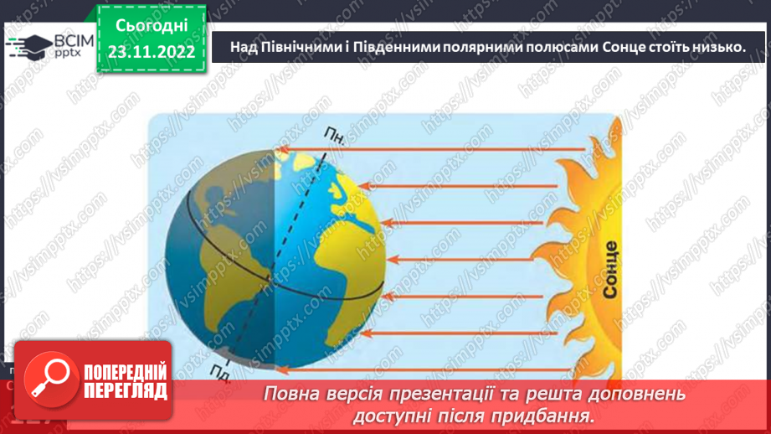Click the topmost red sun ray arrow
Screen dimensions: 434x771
tap(431, 151)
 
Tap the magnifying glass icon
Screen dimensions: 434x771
tap(49, 376)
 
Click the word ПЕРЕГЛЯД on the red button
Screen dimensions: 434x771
tap(126, 390)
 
